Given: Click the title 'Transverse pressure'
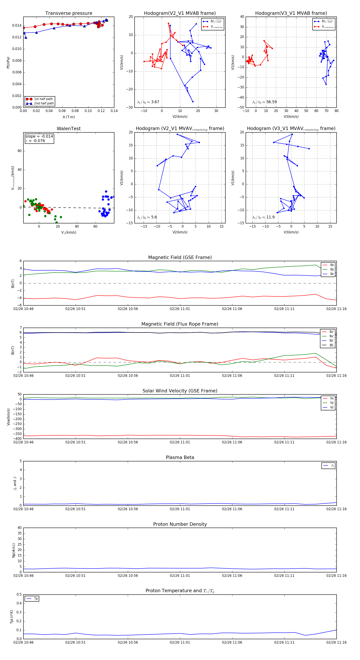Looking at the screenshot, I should click(x=69, y=13).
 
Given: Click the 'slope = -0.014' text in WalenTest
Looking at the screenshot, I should click(x=39, y=136).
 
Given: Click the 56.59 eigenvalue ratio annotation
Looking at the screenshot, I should click(x=264, y=102).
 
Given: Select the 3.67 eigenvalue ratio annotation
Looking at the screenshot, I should click(x=148, y=102).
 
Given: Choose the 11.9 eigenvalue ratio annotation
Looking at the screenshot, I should click(x=263, y=217).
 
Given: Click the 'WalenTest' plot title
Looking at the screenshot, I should click(x=69, y=129).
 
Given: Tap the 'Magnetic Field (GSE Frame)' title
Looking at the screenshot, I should click(x=180, y=257).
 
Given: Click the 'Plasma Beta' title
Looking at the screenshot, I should click(x=180, y=458).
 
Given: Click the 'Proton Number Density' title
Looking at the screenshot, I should click(x=180, y=524).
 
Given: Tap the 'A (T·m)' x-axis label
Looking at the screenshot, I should click(x=69, y=117).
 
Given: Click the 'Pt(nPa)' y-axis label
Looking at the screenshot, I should click(x=8, y=63).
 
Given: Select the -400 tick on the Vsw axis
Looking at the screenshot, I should click(x=18, y=439).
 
